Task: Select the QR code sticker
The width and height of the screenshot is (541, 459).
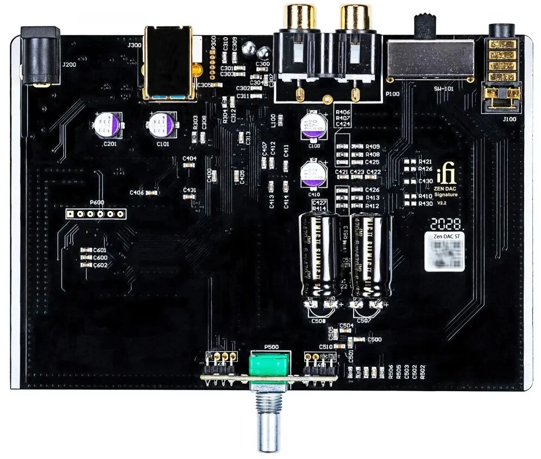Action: coord(444,251)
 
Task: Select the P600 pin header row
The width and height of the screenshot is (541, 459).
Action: coord(96,213)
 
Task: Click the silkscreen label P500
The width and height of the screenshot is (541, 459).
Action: coord(271,347)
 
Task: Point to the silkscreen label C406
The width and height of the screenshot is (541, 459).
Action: coord(136,193)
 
